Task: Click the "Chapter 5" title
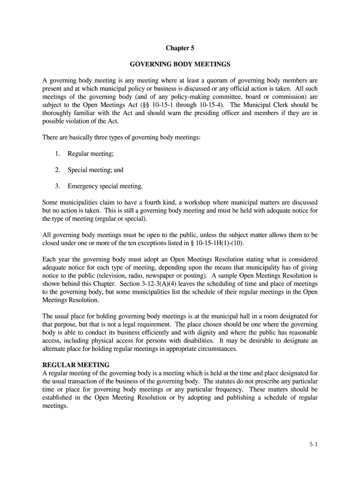click(x=180, y=48)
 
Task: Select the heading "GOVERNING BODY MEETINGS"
click(x=180, y=64)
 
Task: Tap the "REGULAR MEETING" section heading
click(x=76, y=365)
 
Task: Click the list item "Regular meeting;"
click(x=91, y=153)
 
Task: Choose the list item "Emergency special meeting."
click(x=105, y=186)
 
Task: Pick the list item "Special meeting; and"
click(x=95, y=170)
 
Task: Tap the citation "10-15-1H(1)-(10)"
click(x=218, y=243)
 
